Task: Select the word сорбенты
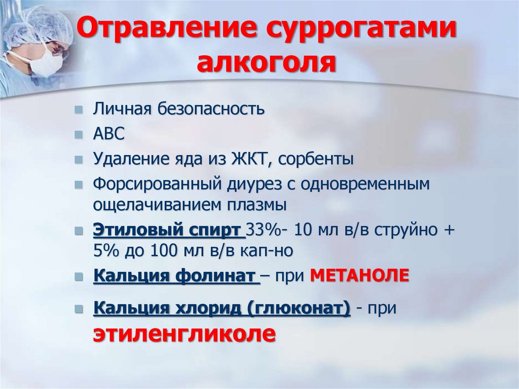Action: (317, 159)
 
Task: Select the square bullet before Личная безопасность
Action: (79, 110)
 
